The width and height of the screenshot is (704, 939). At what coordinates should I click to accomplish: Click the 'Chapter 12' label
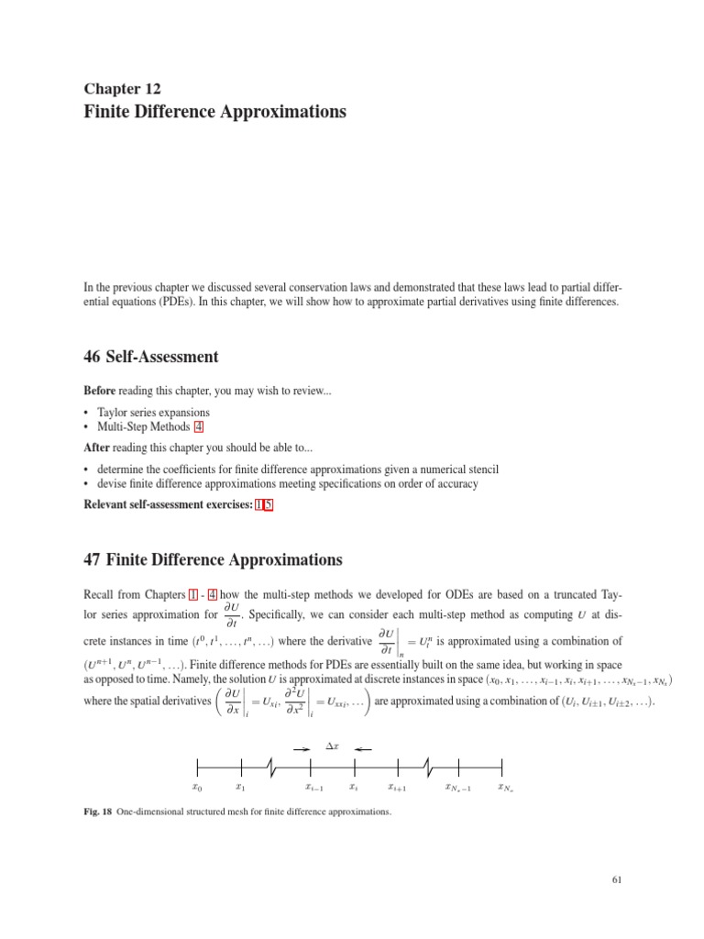pyautogui.click(x=122, y=89)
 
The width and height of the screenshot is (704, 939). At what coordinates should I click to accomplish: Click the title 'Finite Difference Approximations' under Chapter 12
pyautogui.click(x=215, y=113)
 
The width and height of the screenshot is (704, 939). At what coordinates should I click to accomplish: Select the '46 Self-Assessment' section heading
pyautogui.click(x=151, y=357)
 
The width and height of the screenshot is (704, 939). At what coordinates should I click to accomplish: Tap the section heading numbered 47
pyautogui.click(x=213, y=558)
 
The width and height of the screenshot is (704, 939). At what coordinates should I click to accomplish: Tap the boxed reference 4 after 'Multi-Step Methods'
pyautogui.click(x=198, y=427)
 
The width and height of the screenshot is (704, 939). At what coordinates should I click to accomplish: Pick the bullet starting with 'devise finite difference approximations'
pyautogui.click(x=286, y=483)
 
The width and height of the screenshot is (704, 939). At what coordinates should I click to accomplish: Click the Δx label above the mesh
pyautogui.click(x=333, y=746)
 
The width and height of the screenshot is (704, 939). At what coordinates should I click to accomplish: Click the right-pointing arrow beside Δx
pyautogui.click(x=302, y=748)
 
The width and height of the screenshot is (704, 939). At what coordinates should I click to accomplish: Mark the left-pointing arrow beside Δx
pyautogui.click(x=363, y=748)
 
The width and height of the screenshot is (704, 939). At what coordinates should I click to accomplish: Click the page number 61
pyautogui.click(x=616, y=880)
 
